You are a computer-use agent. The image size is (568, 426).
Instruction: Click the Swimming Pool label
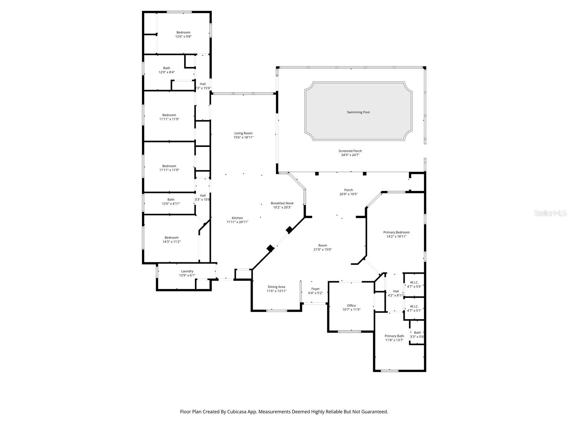tap(358, 112)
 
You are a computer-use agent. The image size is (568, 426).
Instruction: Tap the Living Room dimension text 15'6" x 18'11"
tap(243, 137)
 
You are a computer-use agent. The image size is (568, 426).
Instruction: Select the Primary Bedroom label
tap(396, 232)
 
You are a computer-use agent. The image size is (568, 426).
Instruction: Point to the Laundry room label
tap(187, 271)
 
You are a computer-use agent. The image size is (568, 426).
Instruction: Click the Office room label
tap(351, 306)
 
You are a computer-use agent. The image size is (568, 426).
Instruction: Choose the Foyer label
tap(315, 289)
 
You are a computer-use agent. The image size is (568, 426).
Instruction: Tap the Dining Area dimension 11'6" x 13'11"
tap(276, 291)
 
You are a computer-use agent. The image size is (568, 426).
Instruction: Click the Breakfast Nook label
tap(282, 203)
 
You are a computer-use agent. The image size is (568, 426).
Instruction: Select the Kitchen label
tap(237, 218)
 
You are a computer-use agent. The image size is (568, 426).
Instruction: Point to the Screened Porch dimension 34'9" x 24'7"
tap(350, 155)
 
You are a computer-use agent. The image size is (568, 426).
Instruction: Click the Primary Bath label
tap(394, 336)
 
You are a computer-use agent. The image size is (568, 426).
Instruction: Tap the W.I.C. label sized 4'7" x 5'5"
tap(414, 283)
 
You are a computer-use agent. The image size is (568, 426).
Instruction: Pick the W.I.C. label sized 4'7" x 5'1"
tap(414, 306)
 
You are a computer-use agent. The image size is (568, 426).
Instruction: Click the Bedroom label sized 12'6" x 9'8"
tap(183, 32)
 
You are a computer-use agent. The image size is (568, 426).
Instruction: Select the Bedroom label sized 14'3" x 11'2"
tap(171, 237)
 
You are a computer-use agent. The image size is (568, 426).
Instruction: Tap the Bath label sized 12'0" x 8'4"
tap(166, 68)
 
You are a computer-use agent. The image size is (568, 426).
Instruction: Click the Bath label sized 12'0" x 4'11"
tap(171, 200)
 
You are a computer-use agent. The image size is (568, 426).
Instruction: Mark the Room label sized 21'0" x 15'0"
tap(322, 245)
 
